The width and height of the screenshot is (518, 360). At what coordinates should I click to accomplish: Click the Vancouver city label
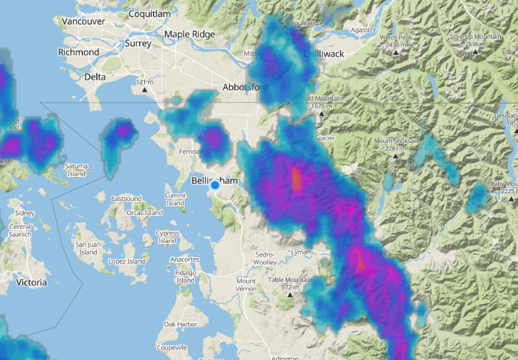click(83, 22)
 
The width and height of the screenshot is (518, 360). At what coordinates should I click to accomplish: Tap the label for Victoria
click(31, 283)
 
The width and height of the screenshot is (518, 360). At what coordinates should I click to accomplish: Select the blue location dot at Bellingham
click(215, 185)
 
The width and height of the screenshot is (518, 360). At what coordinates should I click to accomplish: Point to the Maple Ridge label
click(189, 34)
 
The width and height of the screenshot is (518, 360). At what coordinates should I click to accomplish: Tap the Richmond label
click(78, 53)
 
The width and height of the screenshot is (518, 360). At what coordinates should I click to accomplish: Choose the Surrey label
click(138, 43)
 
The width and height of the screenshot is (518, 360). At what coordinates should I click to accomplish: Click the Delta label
click(95, 77)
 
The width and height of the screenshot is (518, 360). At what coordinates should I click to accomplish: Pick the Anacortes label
click(184, 259)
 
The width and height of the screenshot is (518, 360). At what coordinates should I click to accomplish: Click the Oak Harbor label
click(181, 324)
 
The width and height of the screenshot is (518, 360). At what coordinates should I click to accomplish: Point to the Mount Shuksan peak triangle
click(406, 149)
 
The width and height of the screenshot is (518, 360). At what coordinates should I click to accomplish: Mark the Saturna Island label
click(77, 170)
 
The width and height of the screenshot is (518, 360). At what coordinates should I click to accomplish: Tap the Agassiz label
click(362, 30)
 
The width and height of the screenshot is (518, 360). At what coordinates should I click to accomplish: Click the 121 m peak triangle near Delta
click(144, 90)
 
